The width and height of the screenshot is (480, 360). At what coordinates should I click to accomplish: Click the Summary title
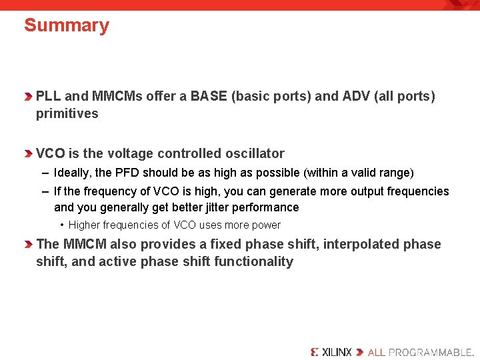pyautogui.click(x=67, y=26)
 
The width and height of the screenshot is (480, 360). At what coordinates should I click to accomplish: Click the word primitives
pyautogui.click(x=67, y=114)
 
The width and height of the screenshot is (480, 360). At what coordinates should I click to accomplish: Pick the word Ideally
pyautogui.click(x=73, y=173)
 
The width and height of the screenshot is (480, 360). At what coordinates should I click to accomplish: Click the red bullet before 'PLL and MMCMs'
pyautogui.click(x=29, y=97)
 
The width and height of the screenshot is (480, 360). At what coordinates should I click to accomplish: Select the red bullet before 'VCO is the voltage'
pyautogui.click(x=29, y=154)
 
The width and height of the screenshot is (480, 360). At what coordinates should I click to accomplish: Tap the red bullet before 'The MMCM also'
pyautogui.click(x=29, y=245)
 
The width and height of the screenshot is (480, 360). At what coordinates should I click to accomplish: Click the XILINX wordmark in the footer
pyautogui.click(x=331, y=352)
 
